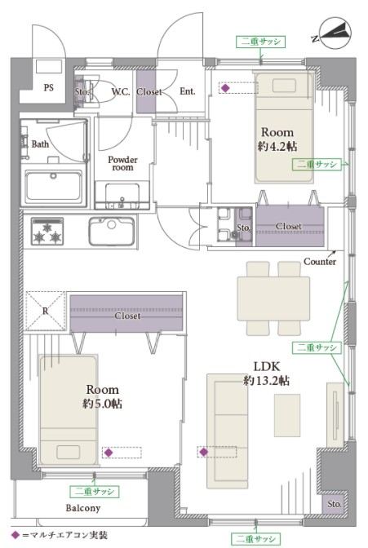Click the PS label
(x=49, y=87)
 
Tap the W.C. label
(x=121, y=92)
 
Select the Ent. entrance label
(x=187, y=91)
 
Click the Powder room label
(x=122, y=163)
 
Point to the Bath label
(x=40, y=144)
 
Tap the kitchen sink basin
(x=111, y=231)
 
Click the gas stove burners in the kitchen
(x=47, y=231)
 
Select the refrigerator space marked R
(x=45, y=311)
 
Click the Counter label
(x=320, y=262)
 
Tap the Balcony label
(x=83, y=508)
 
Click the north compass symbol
(x=334, y=34)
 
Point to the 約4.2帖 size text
(x=277, y=146)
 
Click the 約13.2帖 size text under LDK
(x=267, y=380)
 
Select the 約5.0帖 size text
(x=103, y=404)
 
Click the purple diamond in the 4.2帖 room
(x=226, y=88)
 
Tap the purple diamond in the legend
(x=16, y=535)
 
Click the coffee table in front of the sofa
(x=287, y=415)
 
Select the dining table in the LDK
(x=273, y=298)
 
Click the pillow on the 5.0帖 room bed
(x=68, y=453)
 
